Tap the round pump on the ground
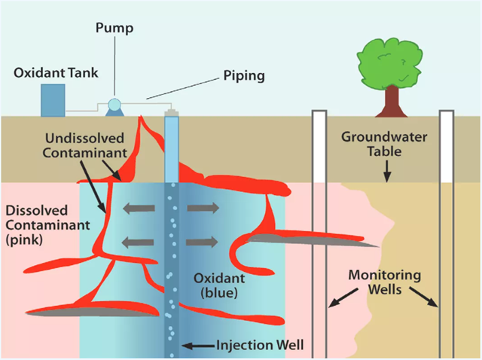pos(114,107)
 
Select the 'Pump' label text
pos(114,29)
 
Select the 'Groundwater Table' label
pos(376,144)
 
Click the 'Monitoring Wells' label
pos(384,283)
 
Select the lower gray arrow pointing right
pos(203,242)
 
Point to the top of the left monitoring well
pos(319,114)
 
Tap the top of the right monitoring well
pos(447,114)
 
